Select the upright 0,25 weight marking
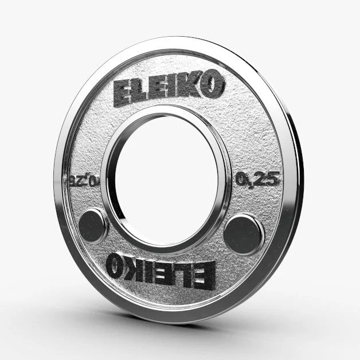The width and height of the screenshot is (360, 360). tap(257, 179)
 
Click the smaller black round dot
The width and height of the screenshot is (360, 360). tap(92, 225)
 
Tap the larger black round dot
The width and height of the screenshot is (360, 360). tap(243, 233)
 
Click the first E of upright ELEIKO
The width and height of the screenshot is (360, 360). tap(125, 91)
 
